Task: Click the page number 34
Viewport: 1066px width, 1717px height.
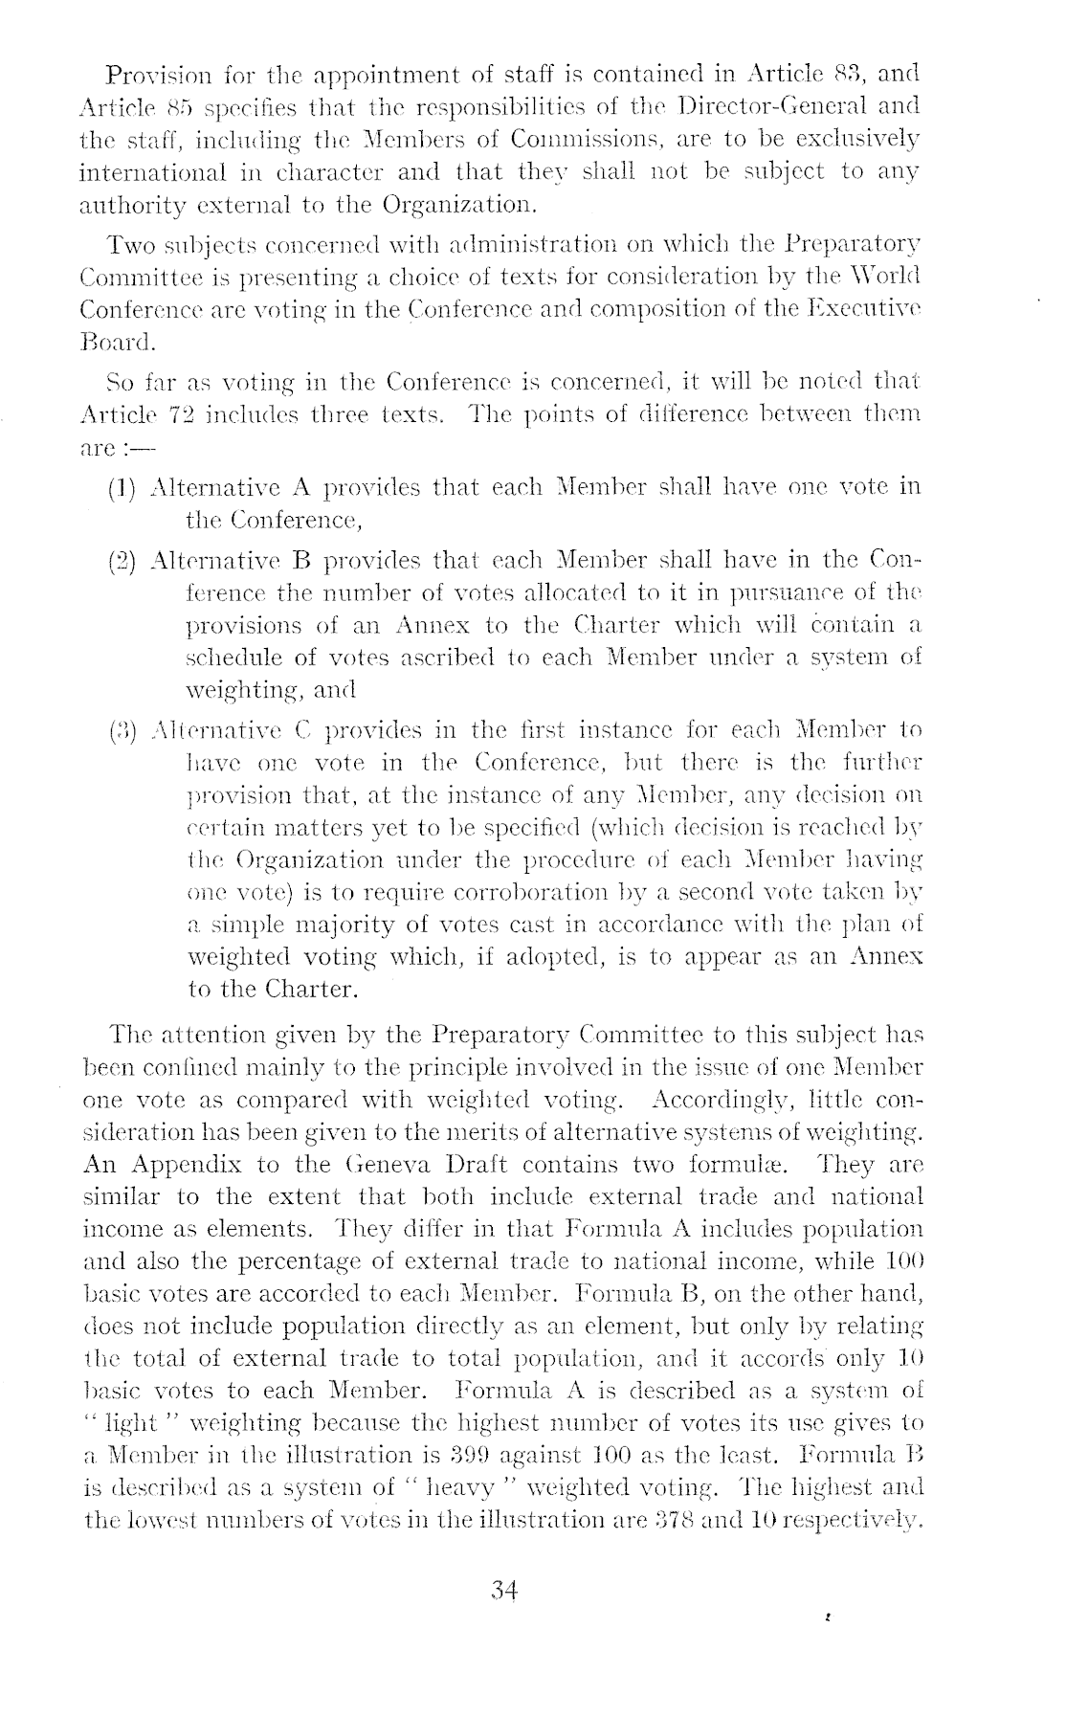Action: coord(504,1590)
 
